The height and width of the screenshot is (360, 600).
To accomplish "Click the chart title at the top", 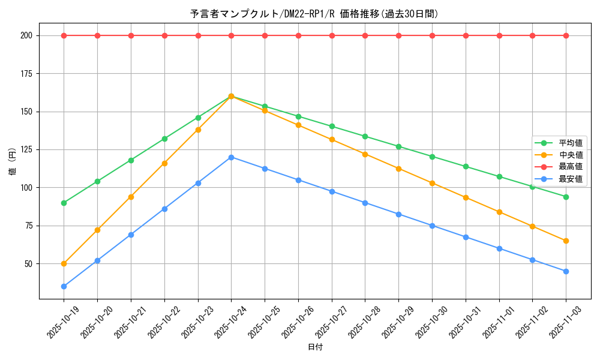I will [x=314, y=14].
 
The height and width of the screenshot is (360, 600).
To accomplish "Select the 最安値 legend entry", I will [x=571, y=179].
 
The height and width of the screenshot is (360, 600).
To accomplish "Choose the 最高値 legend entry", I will [x=571, y=167].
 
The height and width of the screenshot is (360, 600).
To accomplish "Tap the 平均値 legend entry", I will [x=571, y=143].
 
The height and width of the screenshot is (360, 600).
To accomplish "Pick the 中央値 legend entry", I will [x=571, y=155].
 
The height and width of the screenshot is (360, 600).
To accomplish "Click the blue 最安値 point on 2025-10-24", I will [x=231, y=157].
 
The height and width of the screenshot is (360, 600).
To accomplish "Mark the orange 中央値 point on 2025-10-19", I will [x=64, y=263].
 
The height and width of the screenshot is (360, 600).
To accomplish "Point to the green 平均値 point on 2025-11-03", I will [x=566, y=197].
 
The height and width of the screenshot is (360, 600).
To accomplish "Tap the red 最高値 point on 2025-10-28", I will [x=365, y=35].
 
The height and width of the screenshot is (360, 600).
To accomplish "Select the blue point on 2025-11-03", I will [x=566, y=271].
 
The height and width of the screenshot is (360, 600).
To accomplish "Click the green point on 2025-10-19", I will [x=64, y=203].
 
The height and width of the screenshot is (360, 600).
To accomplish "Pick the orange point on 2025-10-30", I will [x=432, y=183].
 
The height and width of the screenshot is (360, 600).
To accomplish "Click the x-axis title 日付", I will [x=314, y=347].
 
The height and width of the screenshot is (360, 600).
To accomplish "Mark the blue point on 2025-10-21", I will [x=131, y=235].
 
